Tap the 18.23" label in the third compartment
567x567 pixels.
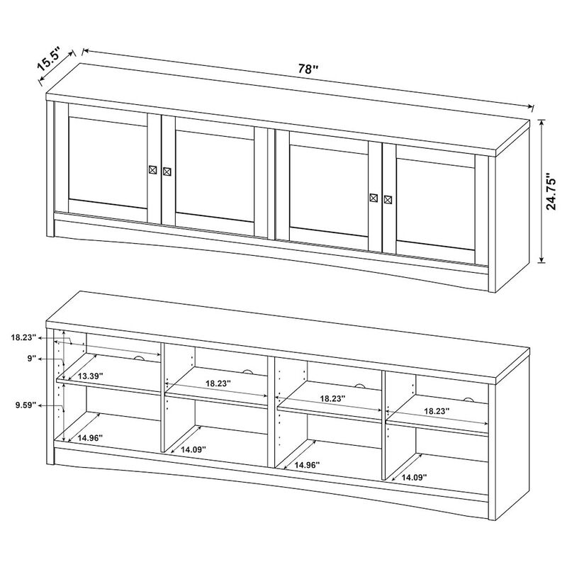[332, 399]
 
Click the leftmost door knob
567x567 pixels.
[153, 170]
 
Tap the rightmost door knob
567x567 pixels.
[388, 199]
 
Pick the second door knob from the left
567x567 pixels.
[167, 172]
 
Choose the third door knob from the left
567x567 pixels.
[374, 198]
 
